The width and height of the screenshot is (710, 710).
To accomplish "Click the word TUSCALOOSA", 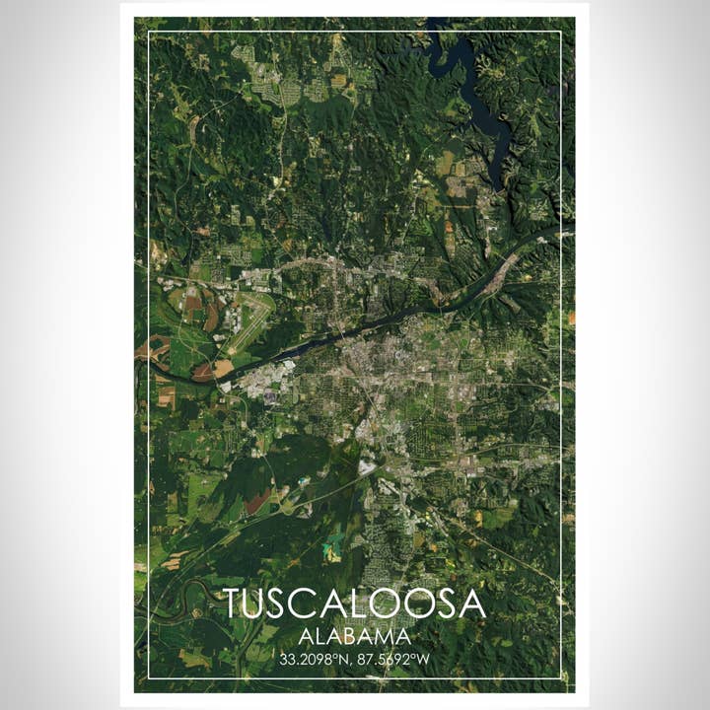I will (354, 603).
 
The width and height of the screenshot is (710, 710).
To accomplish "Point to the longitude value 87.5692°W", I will (395, 659).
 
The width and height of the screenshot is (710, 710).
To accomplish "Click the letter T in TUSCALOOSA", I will (234, 603).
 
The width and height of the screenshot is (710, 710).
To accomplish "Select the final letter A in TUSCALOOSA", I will (473, 603).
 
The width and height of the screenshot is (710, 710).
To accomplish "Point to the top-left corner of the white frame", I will (148, 32).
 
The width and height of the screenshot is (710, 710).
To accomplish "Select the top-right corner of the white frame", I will (561, 32).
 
